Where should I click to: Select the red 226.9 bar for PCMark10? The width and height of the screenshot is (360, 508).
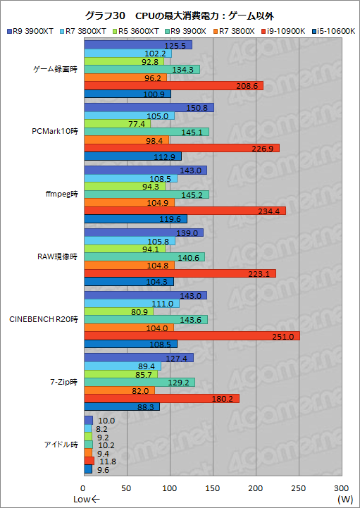click(x=182, y=148)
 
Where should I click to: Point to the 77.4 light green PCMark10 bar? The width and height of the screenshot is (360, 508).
click(x=117, y=124)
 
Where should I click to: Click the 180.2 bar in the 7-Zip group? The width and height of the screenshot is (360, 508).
click(x=161, y=399)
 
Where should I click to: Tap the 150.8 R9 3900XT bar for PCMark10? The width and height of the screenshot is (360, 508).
click(x=149, y=108)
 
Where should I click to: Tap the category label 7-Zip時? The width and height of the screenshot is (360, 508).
click(x=66, y=382)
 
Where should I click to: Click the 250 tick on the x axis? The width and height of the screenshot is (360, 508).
click(x=299, y=488)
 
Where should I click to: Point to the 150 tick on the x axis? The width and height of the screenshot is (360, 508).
click(x=213, y=488)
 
